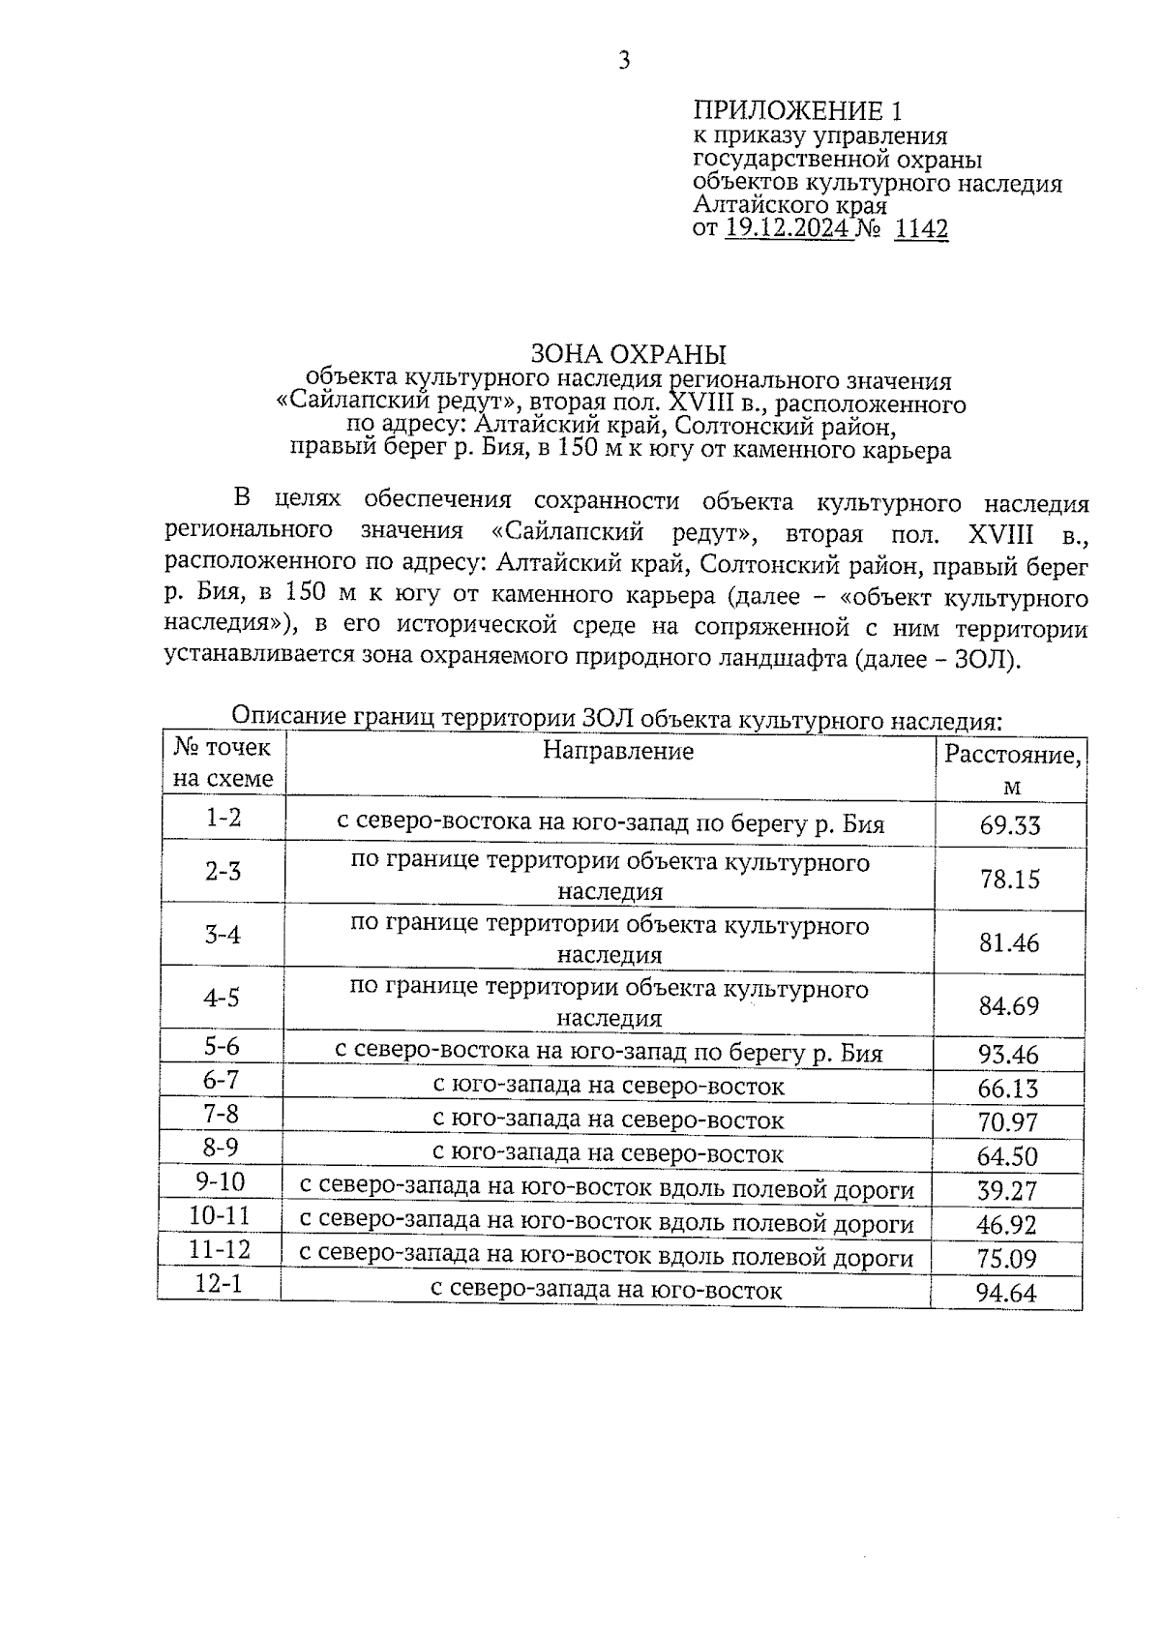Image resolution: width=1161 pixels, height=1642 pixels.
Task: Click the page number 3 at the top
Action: pyautogui.click(x=624, y=61)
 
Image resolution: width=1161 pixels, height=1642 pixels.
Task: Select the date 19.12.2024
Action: pyautogui.click(x=788, y=229)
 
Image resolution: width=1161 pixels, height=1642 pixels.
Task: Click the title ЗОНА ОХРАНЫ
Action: pyautogui.click(x=628, y=353)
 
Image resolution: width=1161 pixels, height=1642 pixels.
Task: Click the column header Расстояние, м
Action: pyautogui.click(x=1011, y=769)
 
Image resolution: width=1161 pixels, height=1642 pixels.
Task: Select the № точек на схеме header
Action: pyautogui.click(x=223, y=762)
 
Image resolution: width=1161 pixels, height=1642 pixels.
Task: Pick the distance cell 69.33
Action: pyautogui.click(x=1009, y=825)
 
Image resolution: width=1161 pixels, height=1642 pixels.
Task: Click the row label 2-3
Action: pyautogui.click(x=223, y=872)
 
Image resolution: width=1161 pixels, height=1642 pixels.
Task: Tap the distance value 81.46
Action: pyautogui.click(x=1009, y=941)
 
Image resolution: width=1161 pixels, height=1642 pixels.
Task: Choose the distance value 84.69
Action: pyautogui.click(x=1009, y=1005)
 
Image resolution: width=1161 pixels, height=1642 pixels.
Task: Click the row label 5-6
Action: pyautogui.click(x=222, y=1046)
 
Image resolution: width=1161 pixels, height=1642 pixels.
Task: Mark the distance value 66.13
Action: pyautogui.click(x=1007, y=1089)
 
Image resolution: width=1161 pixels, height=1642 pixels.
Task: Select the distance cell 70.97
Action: pyautogui.click(x=1007, y=1122)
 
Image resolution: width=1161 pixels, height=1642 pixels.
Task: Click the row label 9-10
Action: pyautogui.click(x=220, y=1182)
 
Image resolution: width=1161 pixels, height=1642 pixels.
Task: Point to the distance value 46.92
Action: pyautogui.click(x=1006, y=1225)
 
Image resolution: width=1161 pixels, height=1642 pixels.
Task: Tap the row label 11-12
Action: pyautogui.click(x=220, y=1250)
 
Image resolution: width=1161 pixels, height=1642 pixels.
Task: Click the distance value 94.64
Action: pyautogui.click(x=1006, y=1293)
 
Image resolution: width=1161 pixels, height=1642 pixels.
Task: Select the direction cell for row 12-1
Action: pyautogui.click(x=606, y=1290)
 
